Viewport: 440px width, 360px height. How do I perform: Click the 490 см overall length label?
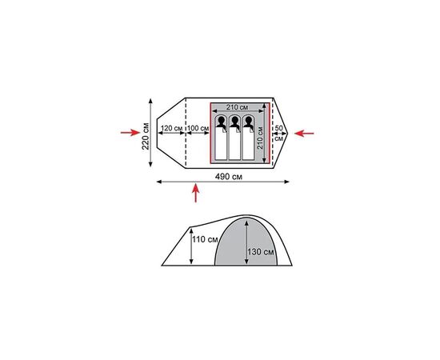229,177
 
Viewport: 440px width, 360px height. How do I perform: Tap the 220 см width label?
146,136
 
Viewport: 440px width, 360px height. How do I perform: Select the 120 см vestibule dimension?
172,128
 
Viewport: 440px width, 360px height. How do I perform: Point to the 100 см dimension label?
198,128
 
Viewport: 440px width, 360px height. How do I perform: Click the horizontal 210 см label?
237,107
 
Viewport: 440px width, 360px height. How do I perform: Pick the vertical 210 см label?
260,138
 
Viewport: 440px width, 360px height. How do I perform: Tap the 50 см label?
278,134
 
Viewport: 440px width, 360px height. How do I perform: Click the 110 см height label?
205,240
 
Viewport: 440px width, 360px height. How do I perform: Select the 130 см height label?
261,252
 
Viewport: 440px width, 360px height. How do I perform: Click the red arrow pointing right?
130,133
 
